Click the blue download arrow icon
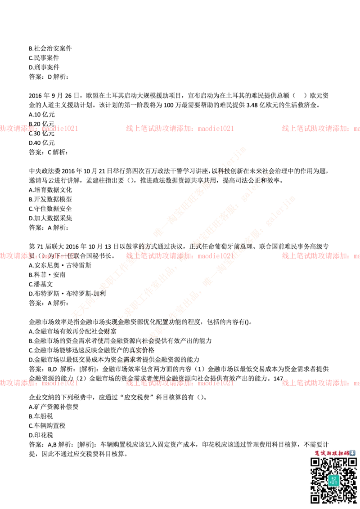click(x=352, y=453)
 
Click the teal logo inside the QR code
click(x=333, y=480)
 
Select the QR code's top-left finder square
click(x=315, y=462)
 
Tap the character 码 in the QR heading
click(x=346, y=453)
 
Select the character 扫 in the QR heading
click(x=341, y=453)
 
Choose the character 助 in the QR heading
click(x=329, y=453)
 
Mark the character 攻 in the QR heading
click(x=335, y=453)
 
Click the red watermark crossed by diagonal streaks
click(x=180, y=256)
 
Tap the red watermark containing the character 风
click(x=40, y=256)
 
